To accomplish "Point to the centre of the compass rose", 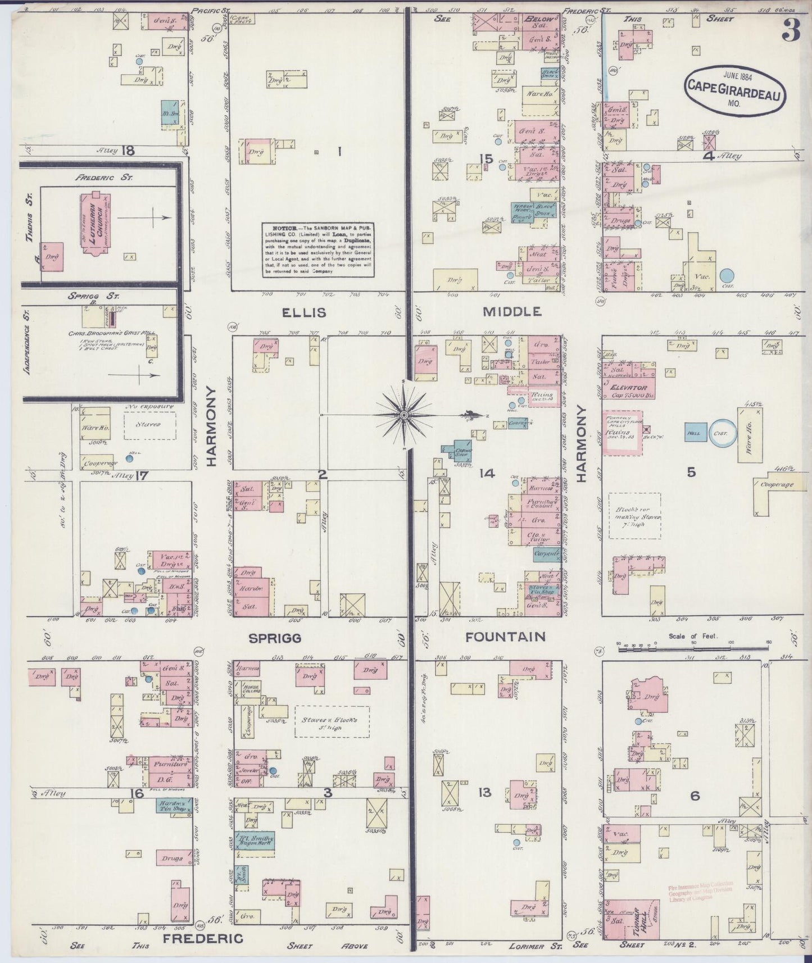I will [403, 415].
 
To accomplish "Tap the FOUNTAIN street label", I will [505, 637].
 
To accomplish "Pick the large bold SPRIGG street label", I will [275, 638].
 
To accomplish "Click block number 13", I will [484, 792].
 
